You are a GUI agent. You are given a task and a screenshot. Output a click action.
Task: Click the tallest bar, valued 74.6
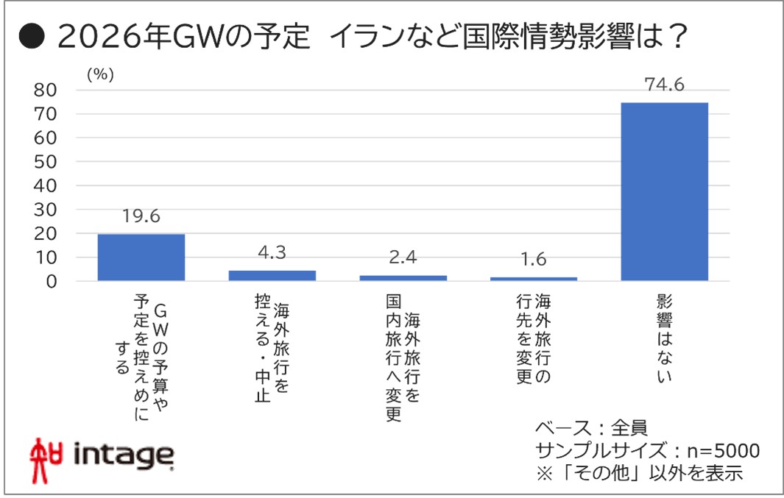[x=664, y=191]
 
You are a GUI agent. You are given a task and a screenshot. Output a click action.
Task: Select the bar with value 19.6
[x=141, y=257]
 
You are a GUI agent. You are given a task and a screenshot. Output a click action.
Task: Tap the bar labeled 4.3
[x=272, y=275]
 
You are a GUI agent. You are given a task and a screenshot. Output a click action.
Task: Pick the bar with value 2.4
[x=403, y=277]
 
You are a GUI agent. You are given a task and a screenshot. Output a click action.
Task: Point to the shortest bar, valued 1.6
[x=534, y=278]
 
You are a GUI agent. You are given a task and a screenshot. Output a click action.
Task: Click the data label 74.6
[x=664, y=85]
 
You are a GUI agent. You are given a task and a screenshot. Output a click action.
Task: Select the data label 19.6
[x=141, y=217]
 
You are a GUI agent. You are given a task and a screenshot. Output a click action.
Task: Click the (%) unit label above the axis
[x=99, y=74]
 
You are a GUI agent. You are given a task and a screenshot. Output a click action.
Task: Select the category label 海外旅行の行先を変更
[x=534, y=339]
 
